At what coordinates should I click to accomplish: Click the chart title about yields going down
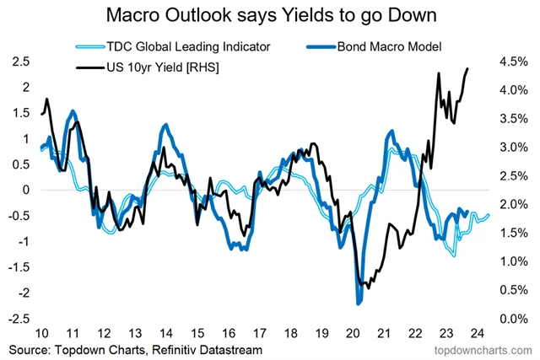pyautogui.click(x=269, y=15)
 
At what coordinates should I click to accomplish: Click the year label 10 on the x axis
pyautogui.click(x=42, y=331)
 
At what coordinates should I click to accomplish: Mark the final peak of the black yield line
pyautogui.click(x=468, y=69)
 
